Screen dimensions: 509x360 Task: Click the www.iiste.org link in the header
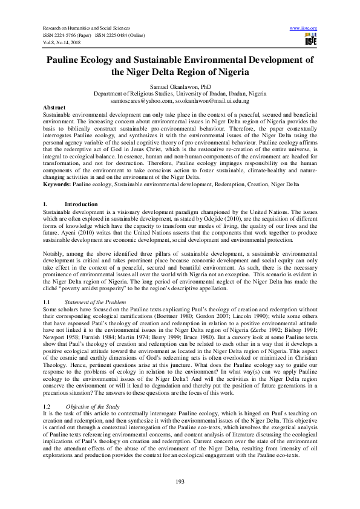coord(304,28)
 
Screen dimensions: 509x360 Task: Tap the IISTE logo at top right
coord(311,39)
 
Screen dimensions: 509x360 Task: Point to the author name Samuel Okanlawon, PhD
coord(180,87)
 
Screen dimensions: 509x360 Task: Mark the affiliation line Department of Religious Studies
coord(180,94)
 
